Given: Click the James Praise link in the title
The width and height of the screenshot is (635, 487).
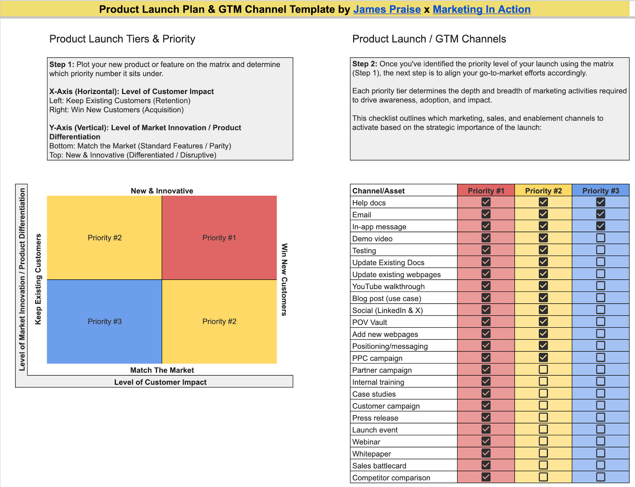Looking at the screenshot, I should point(387,9).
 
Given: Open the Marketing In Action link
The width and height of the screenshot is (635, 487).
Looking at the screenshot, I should point(481,9).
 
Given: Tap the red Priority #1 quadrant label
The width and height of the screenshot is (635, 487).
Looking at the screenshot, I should point(219,238).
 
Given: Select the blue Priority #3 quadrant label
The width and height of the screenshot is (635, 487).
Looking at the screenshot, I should point(104,321).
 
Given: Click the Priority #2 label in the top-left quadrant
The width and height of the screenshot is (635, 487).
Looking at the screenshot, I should point(104,238).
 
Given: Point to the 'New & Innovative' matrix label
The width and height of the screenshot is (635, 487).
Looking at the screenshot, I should point(162,191).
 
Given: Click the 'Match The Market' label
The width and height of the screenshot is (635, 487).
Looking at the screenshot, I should point(162,370).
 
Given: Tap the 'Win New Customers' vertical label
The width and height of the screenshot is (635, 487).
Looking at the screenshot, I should point(284,279).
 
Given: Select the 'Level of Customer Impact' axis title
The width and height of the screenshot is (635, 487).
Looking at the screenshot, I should point(160,382).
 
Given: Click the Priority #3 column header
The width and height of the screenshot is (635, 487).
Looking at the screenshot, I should point(600,191).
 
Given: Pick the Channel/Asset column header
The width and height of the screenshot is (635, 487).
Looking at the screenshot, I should point(379,191).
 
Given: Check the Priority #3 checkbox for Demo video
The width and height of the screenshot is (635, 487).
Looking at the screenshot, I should point(600,238).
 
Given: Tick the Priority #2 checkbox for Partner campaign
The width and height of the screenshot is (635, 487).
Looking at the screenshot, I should point(543,369).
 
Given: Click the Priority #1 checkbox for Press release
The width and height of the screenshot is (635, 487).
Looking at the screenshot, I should point(486,417).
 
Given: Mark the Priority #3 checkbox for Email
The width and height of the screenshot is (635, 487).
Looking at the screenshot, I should point(600,214).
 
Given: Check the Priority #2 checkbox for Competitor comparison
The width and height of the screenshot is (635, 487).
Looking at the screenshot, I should point(543,477).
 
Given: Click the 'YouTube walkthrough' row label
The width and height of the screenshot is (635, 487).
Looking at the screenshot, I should point(388,286).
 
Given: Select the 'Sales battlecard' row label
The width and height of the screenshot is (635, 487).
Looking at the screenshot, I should point(379,466).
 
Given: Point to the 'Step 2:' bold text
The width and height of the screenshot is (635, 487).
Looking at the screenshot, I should point(365,64).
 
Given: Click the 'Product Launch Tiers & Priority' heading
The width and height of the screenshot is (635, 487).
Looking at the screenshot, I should point(122,39).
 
